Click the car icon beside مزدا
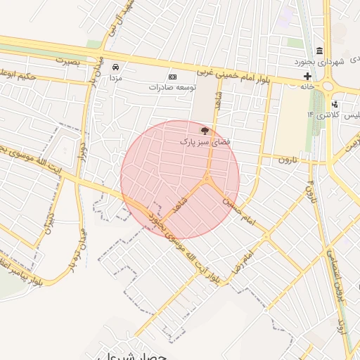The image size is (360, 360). pos(115,67)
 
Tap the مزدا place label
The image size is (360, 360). pos(115,77)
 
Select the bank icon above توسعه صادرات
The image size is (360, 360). pos(172,77)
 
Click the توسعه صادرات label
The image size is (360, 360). pos(172,88)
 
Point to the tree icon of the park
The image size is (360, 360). pos(205,131)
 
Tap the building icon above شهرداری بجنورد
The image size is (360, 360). pos(320,51)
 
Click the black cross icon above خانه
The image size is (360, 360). pos(307,75)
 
